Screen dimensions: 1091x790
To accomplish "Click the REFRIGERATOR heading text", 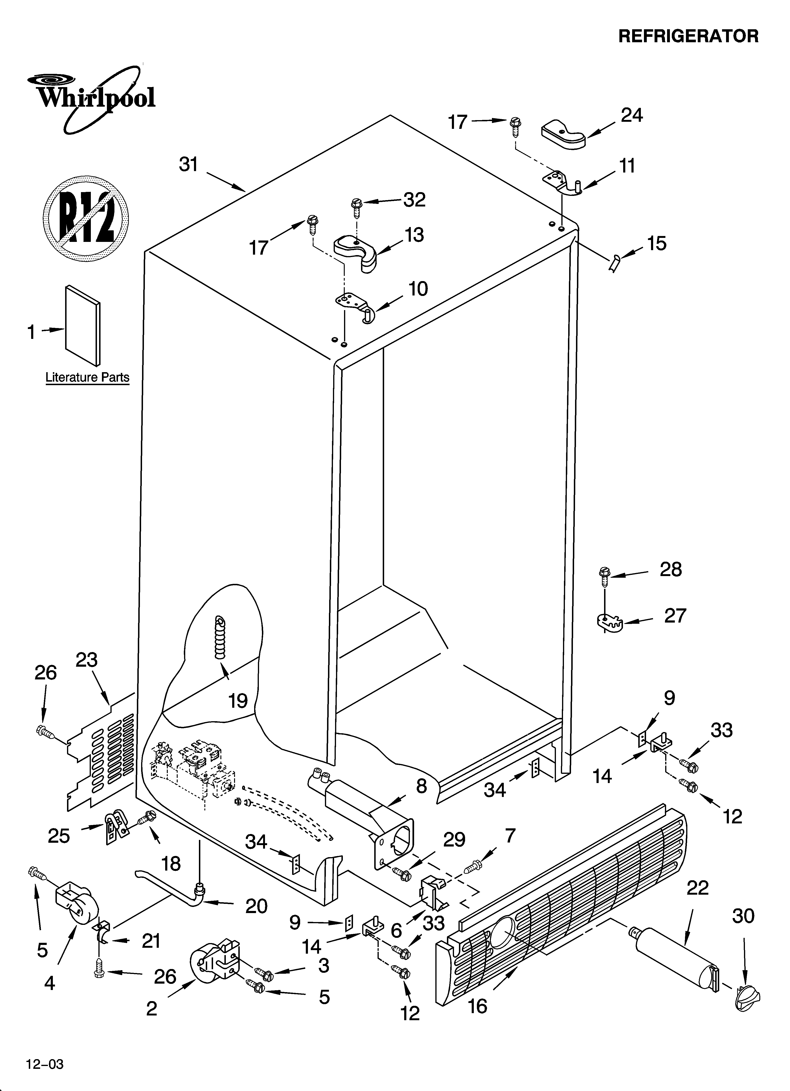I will coord(688,36).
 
